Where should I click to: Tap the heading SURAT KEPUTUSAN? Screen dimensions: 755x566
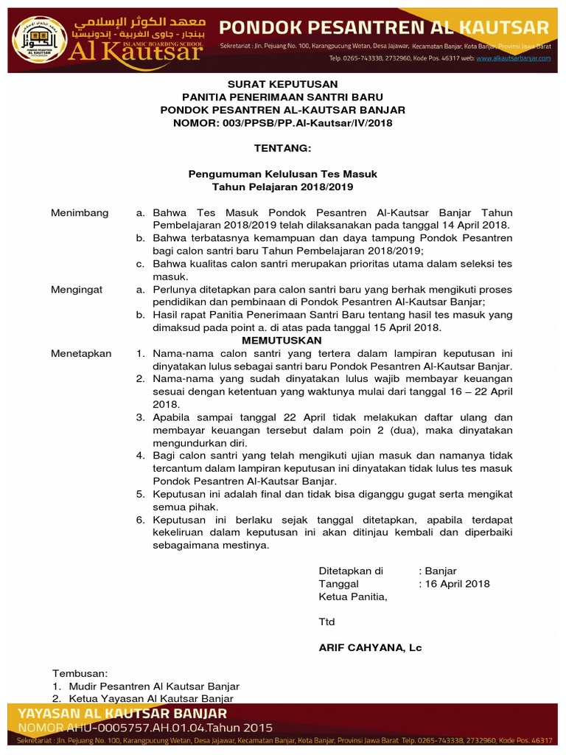[x=282, y=84]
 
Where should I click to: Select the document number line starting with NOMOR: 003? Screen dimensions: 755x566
[x=282, y=123]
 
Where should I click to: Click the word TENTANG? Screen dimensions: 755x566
[x=282, y=148]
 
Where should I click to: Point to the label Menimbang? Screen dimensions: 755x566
[x=80, y=213]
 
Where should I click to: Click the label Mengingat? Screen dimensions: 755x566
[x=77, y=290]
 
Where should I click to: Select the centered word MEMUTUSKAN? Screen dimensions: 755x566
[x=282, y=341]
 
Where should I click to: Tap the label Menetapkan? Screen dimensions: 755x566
[x=81, y=353]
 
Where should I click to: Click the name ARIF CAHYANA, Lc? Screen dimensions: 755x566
[x=370, y=647]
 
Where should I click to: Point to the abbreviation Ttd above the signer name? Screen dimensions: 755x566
[x=326, y=622]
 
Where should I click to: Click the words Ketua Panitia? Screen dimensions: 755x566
[x=352, y=596]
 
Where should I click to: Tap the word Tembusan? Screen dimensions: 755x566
[x=80, y=673]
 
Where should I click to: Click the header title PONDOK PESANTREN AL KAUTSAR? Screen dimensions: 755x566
[x=385, y=28]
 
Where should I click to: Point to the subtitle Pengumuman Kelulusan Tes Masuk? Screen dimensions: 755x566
[x=282, y=174]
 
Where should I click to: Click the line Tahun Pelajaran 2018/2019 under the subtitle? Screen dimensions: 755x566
[x=282, y=187]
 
